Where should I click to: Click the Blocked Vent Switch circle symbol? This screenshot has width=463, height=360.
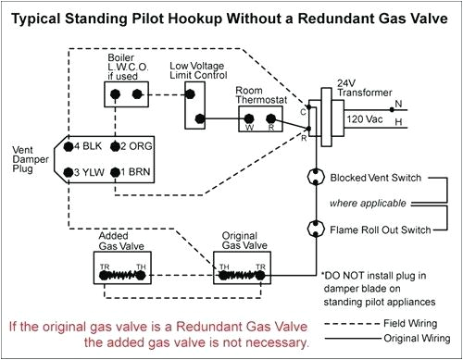313,177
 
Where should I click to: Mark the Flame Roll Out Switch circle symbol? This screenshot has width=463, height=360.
313,229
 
